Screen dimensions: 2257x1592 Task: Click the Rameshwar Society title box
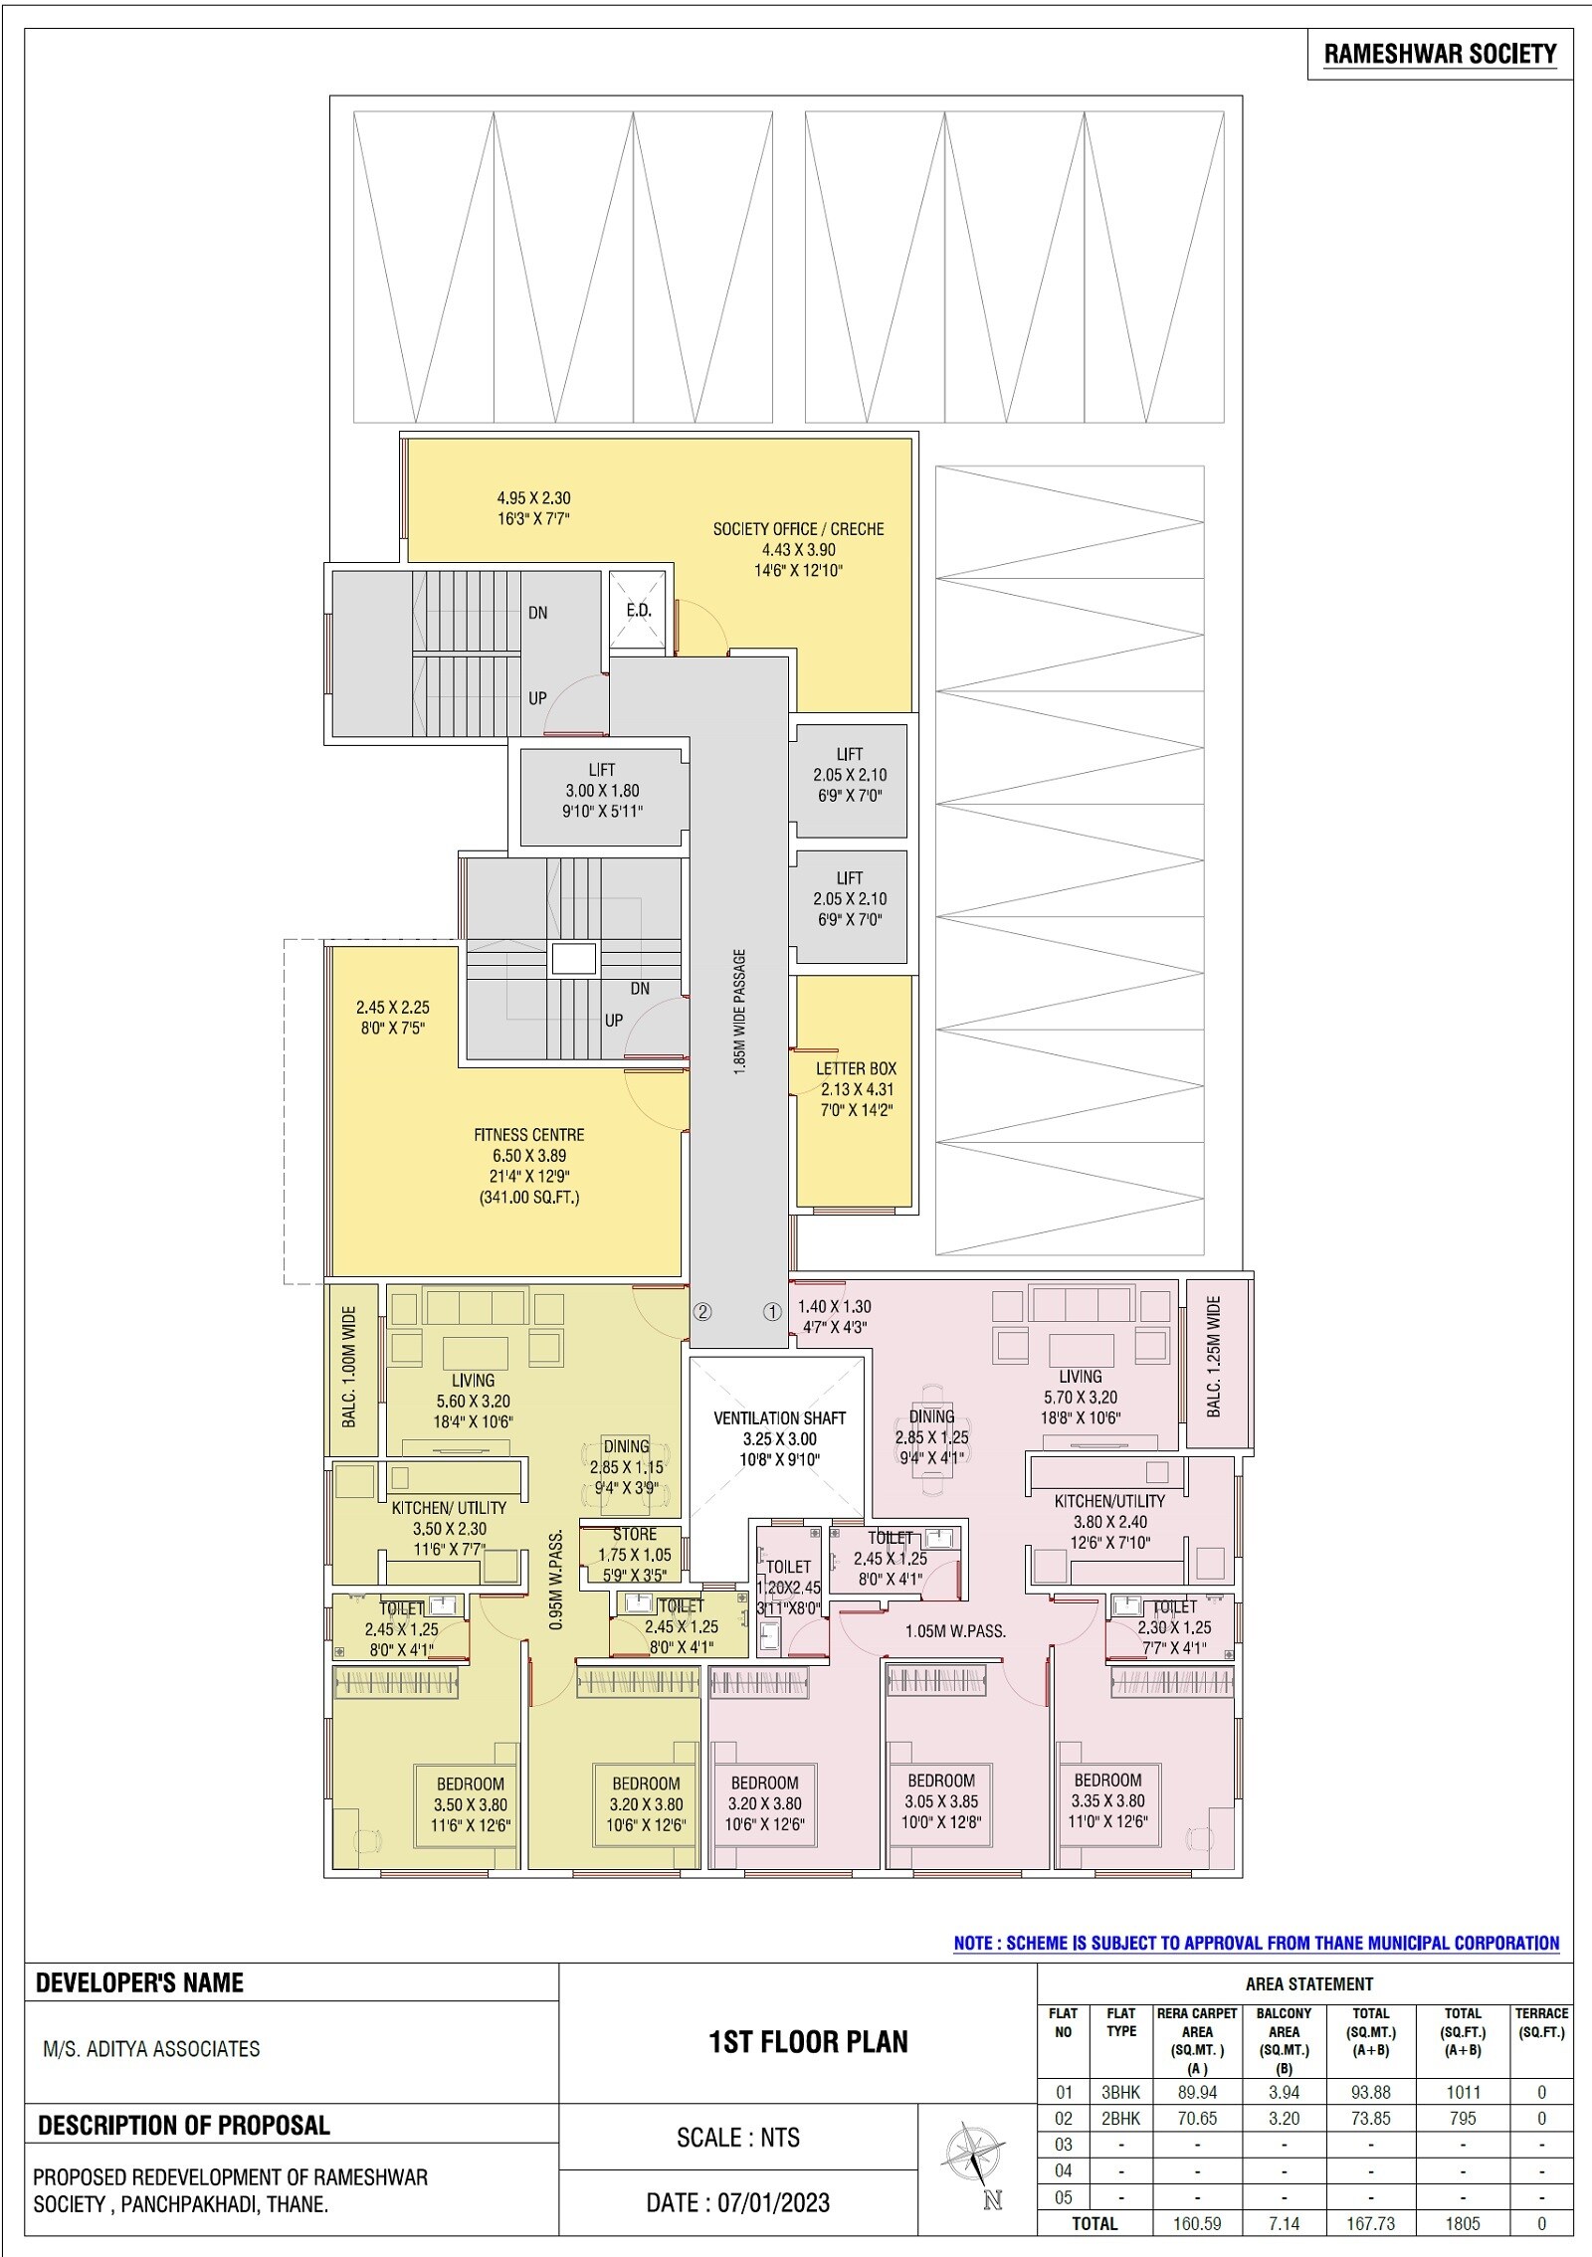1440,55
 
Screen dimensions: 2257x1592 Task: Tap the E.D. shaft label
639,611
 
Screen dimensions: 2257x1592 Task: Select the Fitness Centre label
528,1135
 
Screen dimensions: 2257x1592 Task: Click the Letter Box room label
856,1068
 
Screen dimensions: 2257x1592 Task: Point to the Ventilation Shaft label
779,1418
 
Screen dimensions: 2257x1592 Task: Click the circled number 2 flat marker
702,1311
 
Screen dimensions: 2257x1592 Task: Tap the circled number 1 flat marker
772,1311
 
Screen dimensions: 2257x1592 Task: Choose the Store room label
635,1535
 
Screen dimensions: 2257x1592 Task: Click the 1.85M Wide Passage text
739,1012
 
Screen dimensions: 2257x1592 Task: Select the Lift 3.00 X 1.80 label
602,791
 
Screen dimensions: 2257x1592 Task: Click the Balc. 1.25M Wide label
1214,1357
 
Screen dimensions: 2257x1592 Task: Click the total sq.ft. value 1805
1463,2223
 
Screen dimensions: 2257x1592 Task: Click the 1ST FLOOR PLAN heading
808,2043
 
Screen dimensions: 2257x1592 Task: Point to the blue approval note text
1256,1943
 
